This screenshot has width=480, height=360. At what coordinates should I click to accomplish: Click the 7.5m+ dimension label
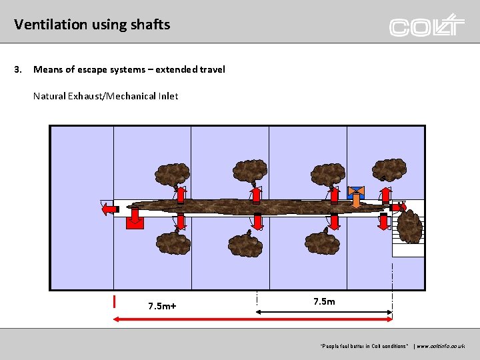click(162, 306)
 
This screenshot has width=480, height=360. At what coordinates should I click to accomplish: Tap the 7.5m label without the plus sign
click(324, 301)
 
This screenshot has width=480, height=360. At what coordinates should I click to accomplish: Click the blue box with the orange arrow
click(356, 194)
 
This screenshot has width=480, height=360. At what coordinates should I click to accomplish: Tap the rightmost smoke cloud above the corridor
click(389, 170)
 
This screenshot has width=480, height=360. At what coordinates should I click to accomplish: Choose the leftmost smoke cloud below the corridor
click(172, 243)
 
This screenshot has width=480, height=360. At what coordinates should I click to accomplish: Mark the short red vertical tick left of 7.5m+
click(115, 301)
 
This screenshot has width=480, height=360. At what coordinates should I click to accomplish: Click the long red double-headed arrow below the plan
click(253, 320)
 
